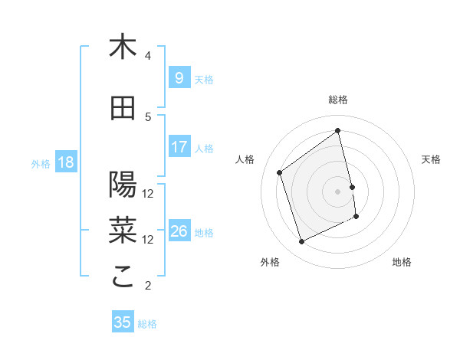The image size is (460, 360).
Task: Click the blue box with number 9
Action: pyautogui.click(x=179, y=78)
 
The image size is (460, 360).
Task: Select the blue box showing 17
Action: pyautogui.click(x=179, y=147)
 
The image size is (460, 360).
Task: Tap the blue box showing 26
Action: pyautogui.click(x=179, y=231)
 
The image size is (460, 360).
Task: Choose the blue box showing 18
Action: pyautogui.click(x=65, y=162)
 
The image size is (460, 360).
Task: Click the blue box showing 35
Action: pyautogui.click(x=123, y=322)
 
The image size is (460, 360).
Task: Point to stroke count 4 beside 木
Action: pyautogui.click(x=148, y=56)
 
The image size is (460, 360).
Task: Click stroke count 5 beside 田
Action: pyautogui.click(x=148, y=117)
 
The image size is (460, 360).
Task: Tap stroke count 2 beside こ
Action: pyautogui.click(x=148, y=286)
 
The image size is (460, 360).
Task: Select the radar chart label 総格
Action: pyautogui.click(x=338, y=100)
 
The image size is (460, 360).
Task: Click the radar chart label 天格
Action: pyautogui.click(x=431, y=159)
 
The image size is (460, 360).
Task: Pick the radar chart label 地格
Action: pyautogui.click(x=402, y=262)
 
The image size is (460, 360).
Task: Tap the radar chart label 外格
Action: pyautogui.click(x=270, y=262)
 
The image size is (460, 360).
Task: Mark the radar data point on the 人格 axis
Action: pyautogui.click(x=280, y=172)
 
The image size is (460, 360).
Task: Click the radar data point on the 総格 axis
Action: pyautogui.click(x=338, y=131)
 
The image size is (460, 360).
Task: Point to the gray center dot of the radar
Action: pyautogui.click(x=338, y=191)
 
